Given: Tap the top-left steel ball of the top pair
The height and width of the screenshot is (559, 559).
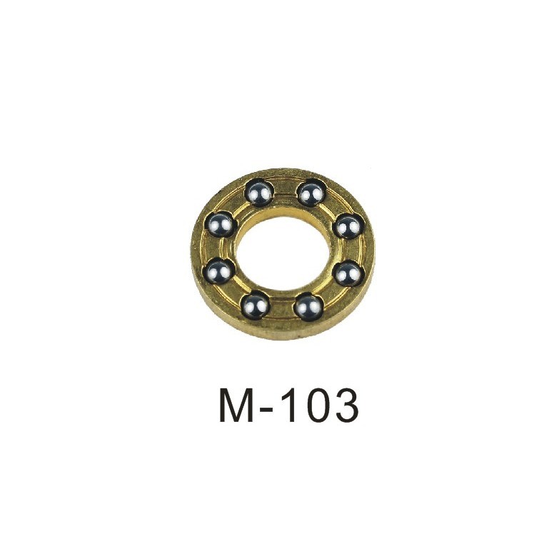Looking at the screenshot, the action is click(259, 193).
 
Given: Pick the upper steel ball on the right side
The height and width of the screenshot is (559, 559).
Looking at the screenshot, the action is click(348, 227).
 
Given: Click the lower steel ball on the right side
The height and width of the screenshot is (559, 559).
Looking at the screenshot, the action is click(348, 274).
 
